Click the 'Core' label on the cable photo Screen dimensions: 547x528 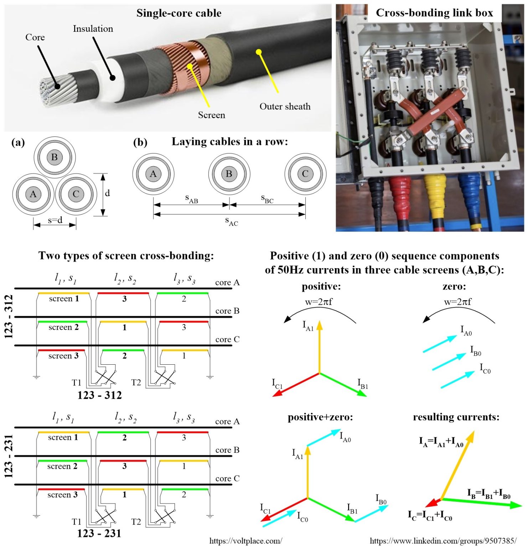[x=35, y=37]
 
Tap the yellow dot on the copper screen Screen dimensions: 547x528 [x=190, y=66]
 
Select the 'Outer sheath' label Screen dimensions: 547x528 [x=285, y=106]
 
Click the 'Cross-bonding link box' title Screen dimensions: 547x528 [x=434, y=13]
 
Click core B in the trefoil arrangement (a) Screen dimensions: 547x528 [x=54, y=157]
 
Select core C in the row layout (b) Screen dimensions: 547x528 [x=305, y=174]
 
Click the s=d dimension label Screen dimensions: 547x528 [x=55, y=220]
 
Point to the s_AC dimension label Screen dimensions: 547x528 [x=231, y=221]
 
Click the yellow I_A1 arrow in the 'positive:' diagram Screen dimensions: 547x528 [x=320, y=347]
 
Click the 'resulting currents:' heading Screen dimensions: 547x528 [x=456, y=417]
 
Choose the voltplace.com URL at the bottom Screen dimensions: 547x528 [x=245, y=541]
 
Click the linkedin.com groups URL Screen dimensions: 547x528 [x=443, y=541]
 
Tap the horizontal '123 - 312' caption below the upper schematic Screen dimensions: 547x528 [x=99, y=395]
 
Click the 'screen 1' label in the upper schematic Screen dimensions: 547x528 [x=64, y=299]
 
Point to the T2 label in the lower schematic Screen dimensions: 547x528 [x=136, y=522]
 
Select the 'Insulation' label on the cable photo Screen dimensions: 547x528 [x=93, y=29]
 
